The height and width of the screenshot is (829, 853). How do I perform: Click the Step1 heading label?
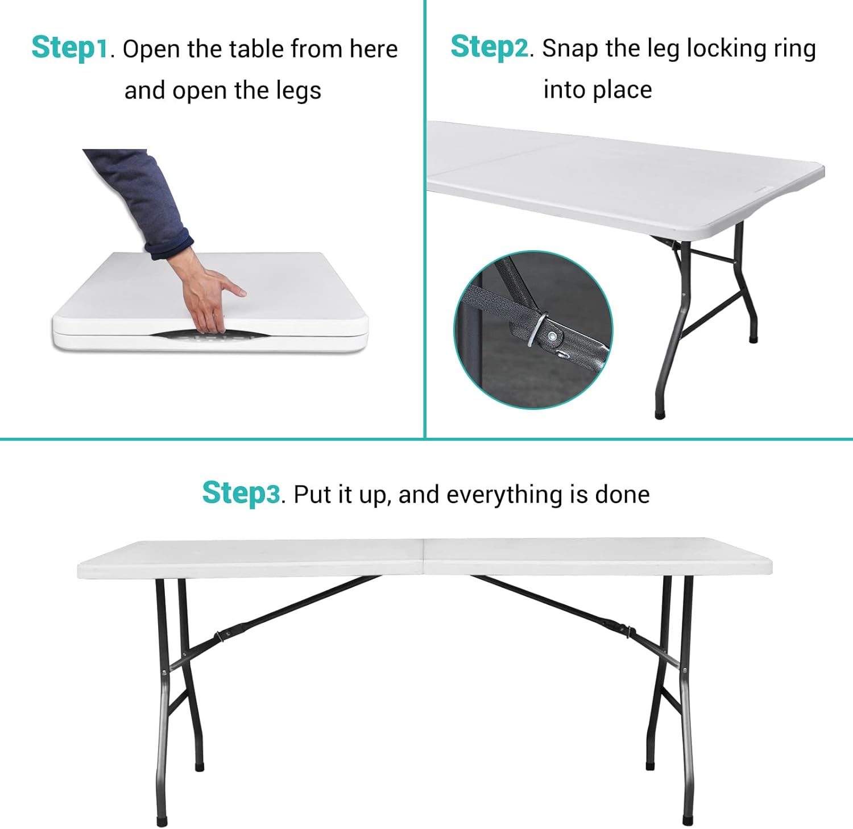[69, 48]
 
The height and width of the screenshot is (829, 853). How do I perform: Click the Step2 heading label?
[490, 47]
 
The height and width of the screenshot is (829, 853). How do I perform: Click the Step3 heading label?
[241, 493]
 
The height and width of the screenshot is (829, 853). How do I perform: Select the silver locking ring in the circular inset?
[538, 330]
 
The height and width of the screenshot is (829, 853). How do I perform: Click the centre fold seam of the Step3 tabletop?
[424, 558]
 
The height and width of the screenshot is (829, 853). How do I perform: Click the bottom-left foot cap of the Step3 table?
[163, 822]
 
